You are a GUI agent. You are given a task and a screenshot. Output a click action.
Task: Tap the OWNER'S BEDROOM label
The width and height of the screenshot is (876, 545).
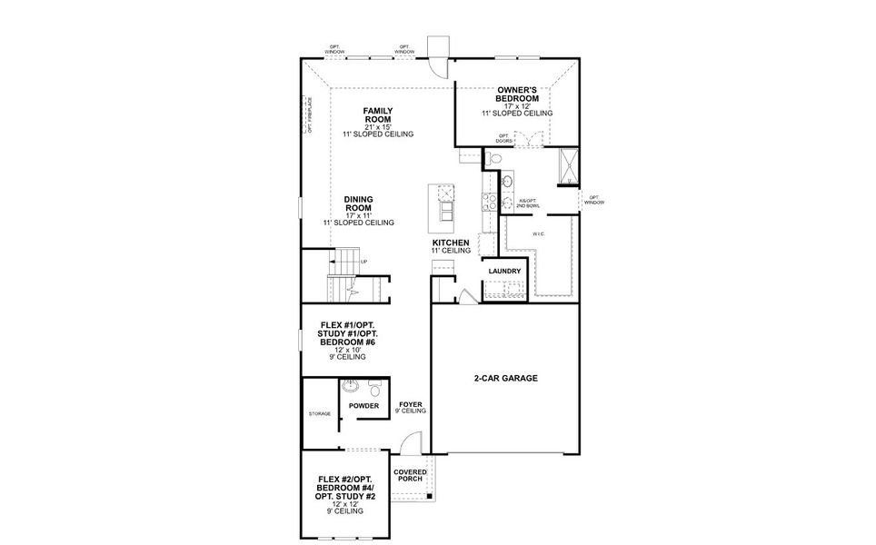517,94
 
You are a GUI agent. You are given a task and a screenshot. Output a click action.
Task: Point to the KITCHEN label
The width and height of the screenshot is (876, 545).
451,243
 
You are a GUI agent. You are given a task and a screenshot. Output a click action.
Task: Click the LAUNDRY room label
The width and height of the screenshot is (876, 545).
504,271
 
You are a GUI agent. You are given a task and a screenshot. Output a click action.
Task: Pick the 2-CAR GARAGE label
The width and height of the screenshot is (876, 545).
504,379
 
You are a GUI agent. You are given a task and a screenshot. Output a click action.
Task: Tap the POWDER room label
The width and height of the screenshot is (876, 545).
363,405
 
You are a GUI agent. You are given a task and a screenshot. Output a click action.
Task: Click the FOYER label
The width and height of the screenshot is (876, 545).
411,403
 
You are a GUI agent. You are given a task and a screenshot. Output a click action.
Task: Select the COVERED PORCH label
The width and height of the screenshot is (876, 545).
411,475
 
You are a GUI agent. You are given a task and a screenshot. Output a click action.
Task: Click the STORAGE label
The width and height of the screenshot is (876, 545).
319,414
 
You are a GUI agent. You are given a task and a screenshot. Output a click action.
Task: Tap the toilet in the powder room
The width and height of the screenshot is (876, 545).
374,387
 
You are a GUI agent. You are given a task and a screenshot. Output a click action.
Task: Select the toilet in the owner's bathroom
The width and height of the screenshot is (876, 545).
493,158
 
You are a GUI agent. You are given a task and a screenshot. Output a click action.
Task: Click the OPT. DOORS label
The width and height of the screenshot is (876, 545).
504,138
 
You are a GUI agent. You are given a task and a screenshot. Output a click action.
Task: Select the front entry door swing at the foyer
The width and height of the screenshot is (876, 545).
413,442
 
